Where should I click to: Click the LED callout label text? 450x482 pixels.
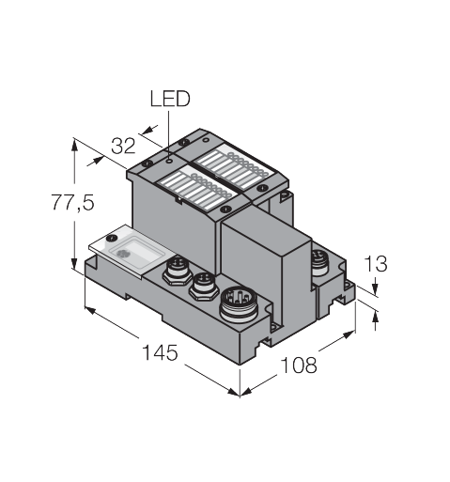tap(170, 99)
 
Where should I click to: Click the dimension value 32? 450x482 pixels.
tap(123, 146)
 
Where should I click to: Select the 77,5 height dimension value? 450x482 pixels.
tap(72, 203)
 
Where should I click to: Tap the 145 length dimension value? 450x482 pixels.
tap(160, 352)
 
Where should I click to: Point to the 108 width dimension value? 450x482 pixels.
tap(299, 365)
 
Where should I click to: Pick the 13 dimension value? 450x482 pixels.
tap(376, 264)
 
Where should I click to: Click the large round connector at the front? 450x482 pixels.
tap(240, 304)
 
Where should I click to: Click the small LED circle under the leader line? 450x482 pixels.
tap(169, 161)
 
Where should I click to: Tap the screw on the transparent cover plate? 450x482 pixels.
tap(111, 238)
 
